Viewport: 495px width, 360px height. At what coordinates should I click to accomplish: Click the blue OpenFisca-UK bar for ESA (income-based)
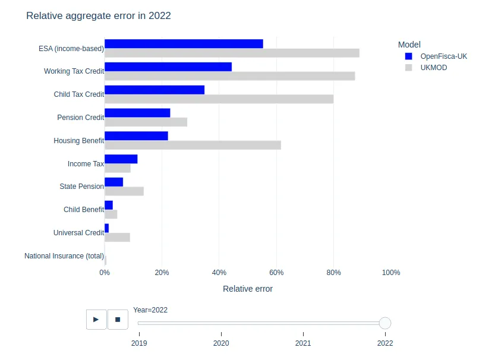[184, 44]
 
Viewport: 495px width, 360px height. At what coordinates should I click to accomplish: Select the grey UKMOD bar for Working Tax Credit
[229, 76]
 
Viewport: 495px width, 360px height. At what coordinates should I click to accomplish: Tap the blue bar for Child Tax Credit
[155, 90]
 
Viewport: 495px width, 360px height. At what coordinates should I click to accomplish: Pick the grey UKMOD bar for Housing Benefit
[193, 145]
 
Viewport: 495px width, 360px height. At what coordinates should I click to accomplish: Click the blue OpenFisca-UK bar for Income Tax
[121, 159]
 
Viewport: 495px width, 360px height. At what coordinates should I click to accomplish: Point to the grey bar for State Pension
[124, 191]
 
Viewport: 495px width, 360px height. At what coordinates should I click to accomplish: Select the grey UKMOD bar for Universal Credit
[117, 238]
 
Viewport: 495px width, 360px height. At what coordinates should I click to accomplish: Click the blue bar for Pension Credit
[137, 113]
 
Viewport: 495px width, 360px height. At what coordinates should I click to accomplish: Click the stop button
[118, 319]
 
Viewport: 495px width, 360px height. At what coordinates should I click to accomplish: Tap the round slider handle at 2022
[385, 323]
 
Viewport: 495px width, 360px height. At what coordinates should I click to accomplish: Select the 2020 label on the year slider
[221, 343]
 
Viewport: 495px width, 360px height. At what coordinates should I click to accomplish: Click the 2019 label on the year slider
[139, 343]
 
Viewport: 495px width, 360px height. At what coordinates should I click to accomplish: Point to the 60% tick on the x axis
[276, 273]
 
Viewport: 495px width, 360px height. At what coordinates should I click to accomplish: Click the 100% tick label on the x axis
[390, 273]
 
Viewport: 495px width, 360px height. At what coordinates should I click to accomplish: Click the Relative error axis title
[248, 289]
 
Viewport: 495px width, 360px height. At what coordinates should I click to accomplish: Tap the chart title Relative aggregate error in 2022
[99, 16]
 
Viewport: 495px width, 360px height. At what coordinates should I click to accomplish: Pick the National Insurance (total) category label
[64, 256]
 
